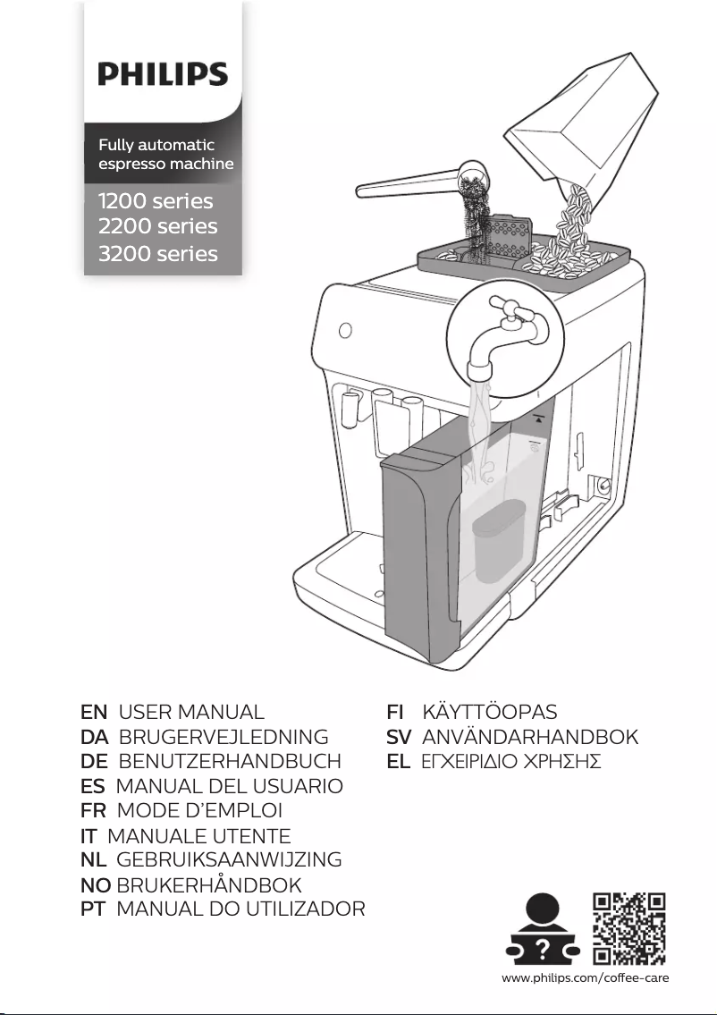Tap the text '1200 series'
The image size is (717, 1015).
click(x=156, y=200)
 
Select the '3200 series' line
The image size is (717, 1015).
click(x=157, y=254)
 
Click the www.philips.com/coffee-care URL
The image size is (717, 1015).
click(x=586, y=977)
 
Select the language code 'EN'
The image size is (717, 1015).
click(x=94, y=713)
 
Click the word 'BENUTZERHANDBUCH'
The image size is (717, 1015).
click(x=230, y=762)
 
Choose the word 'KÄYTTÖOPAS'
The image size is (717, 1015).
click(x=489, y=713)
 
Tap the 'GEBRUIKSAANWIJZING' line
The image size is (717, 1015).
click(x=230, y=860)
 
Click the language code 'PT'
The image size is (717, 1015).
click(x=94, y=909)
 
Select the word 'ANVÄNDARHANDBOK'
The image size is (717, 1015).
click(x=529, y=738)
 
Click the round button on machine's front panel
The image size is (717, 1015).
click(x=345, y=330)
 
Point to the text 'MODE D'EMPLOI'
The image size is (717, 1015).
click(x=199, y=811)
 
